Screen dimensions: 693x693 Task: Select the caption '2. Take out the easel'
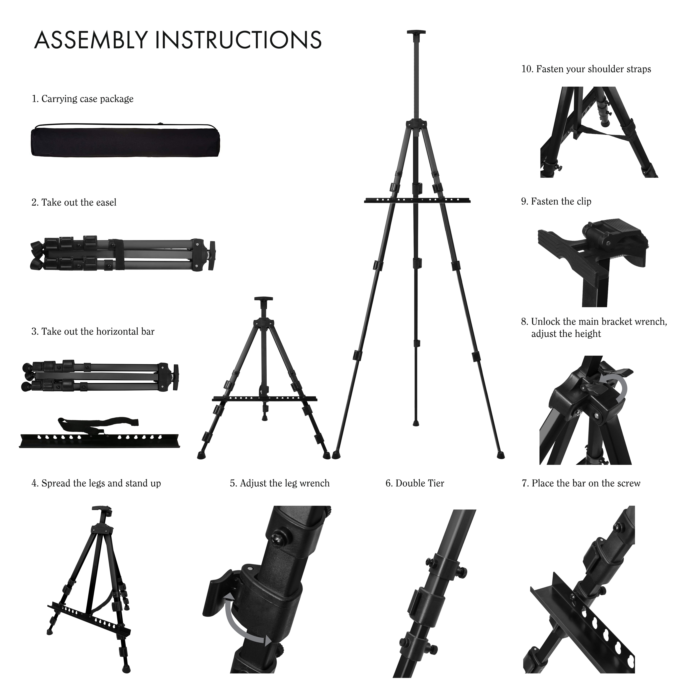pyautogui.click(x=74, y=203)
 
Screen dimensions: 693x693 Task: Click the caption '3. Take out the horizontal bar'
pyautogui.click(x=93, y=332)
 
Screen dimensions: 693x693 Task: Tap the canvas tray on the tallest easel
pyautogui.click(x=417, y=201)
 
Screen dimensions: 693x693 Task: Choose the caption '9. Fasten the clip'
pyautogui.click(x=556, y=202)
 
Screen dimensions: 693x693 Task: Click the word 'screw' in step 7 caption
pyautogui.click(x=628, y=483)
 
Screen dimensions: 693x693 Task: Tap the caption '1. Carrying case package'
pyautogui.click(x=82, y=99)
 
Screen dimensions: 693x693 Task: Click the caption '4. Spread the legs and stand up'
pyautogui.click(x=96, y=483)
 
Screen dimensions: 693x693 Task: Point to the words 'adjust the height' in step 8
pyautogui.click(x=566, y=334)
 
